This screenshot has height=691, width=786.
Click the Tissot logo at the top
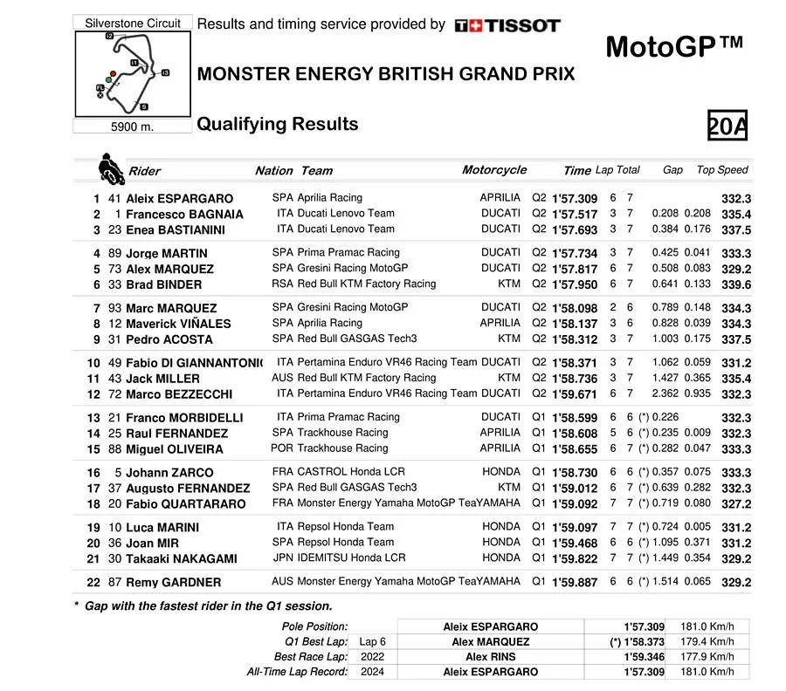click(x=507, y=25)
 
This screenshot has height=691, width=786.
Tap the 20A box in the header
click(x=727, y=127)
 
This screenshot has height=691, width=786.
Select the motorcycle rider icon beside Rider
click(x=111, y=168)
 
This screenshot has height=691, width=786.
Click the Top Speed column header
click(x=722, y=170)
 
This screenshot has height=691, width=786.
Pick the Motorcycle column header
click(x=494, y=170)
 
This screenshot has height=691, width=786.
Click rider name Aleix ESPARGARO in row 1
click(x=179, y=199)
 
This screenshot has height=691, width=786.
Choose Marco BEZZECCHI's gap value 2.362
click(x=665, y=393)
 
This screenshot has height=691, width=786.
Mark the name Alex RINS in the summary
click(x=490, y=656)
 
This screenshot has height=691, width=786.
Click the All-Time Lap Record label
click(x=297, y=672)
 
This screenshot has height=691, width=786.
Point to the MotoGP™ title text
click(x=673, y=45)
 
